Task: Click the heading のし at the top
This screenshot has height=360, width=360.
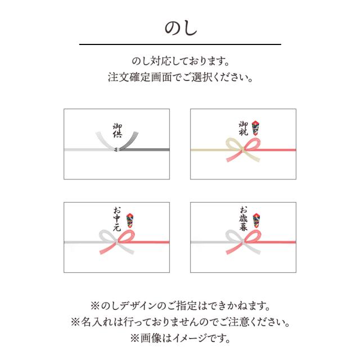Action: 180,28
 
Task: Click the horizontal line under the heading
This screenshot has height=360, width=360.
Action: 180,44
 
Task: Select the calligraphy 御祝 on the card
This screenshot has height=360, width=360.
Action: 243,129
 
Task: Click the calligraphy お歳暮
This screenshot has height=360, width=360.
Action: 243,219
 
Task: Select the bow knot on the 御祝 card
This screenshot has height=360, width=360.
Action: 243,150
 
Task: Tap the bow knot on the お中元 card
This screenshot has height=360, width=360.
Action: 117,241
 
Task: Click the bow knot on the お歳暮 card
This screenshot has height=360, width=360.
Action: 243,241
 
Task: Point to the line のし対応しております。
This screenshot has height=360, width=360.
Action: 180,60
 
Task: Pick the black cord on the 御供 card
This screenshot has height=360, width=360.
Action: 146,150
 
